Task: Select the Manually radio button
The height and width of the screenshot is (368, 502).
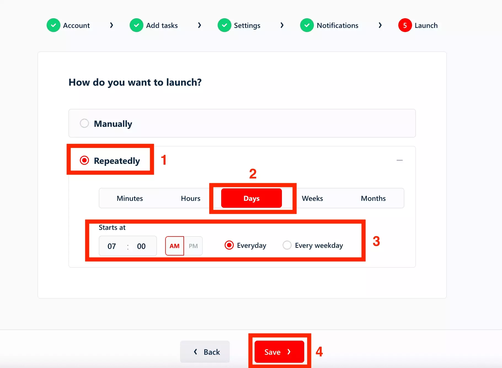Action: pos(84,123)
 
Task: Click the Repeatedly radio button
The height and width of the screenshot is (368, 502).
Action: pos(84,160)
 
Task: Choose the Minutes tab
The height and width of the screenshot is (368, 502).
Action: pos(130,198)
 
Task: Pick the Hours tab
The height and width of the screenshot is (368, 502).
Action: pos(191,198)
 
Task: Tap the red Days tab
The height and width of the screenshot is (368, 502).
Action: pos(252,198)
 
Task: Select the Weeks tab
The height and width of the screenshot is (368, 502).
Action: pos(312,198)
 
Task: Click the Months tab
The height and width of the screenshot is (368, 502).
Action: pos(373,198)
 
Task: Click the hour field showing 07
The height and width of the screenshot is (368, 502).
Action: pos(112,246)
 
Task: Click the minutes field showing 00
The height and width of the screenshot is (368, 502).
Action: pos(141,246)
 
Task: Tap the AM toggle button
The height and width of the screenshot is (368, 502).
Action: pos(175,246)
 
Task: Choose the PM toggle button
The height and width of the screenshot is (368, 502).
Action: pos(193,246)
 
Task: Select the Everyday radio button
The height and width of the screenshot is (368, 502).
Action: pos(229,245)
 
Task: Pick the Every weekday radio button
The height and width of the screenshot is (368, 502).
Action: pos(287,245)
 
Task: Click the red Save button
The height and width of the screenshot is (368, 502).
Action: pos(279,352)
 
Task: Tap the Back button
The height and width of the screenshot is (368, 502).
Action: pos(205,352)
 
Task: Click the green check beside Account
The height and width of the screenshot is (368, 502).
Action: pos(54,25)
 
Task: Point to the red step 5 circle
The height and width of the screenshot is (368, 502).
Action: pos(405,25)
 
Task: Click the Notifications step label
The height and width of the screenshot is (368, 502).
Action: pos(337,25)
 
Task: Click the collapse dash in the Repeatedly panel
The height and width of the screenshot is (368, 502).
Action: pos(400,160)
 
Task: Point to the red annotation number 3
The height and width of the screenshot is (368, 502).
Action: pos(376,241)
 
